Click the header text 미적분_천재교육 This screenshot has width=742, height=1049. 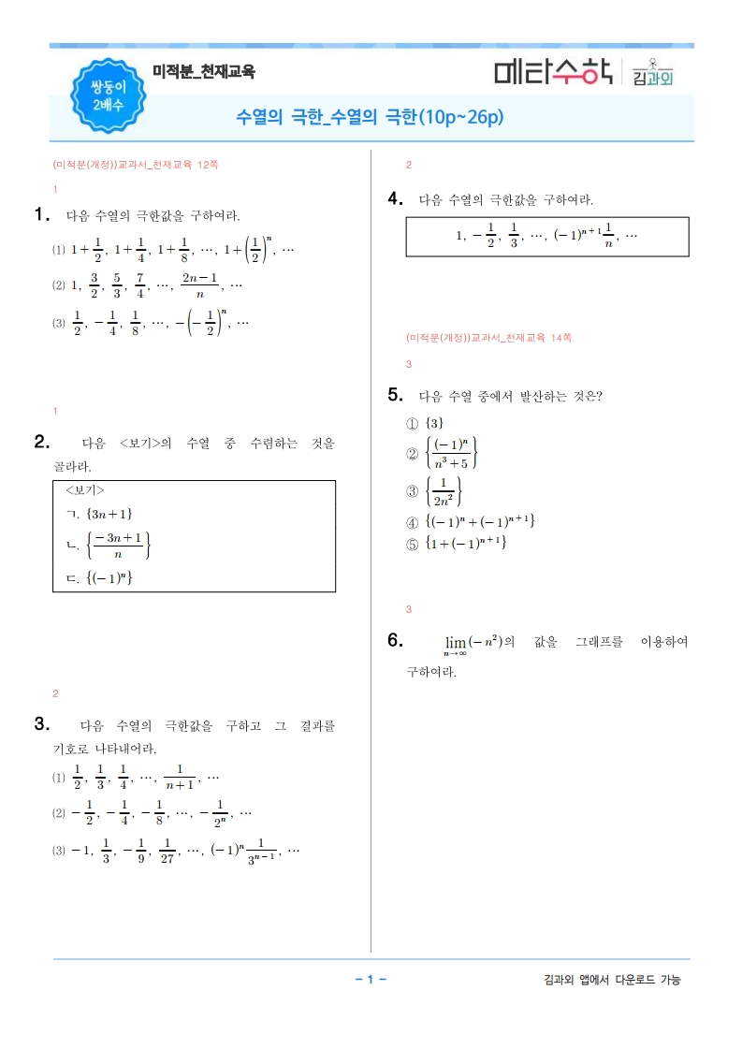coord(203,71)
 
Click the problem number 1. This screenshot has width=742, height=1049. coord(41,214)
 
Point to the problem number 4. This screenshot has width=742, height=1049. coord(395,198)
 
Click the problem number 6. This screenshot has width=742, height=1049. coord(395,640)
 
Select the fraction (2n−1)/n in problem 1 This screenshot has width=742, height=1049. coord(200,284)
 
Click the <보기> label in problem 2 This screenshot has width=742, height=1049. coord(84,490)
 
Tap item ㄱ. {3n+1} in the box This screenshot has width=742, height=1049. coord(100,513)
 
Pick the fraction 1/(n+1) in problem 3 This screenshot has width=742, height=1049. coord(178,777)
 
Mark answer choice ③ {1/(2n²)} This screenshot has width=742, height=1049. coord(434,490)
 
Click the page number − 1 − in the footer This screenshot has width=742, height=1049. coord(371,980)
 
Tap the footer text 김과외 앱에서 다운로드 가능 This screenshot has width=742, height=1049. coord(612,980)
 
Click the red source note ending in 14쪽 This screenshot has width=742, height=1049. coord(488,337)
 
